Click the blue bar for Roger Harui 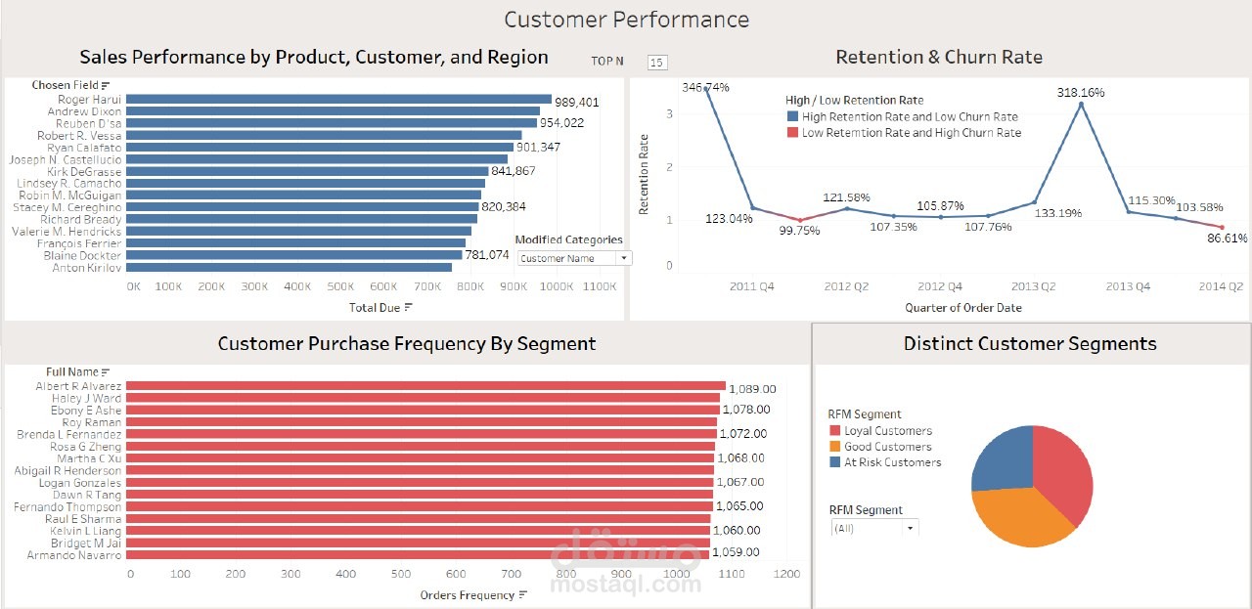point(338,100)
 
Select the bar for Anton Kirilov point(289,268)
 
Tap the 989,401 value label point(577,103)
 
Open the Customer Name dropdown point(574,259)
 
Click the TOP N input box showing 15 point(657,63)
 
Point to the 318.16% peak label point(1081,93)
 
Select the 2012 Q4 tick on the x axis point(940,286)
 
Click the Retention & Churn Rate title point(939,58)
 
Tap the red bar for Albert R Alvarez point(425,387)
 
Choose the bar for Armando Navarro point(418,555)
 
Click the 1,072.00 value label point(743,434)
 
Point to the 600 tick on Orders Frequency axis point(593,575)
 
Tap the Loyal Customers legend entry point(888,431)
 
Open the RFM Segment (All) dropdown point(874,528)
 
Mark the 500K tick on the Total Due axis point(340,287)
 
